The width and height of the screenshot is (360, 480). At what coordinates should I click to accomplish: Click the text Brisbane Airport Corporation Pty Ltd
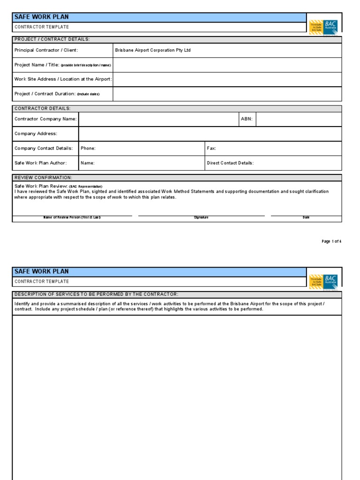click(x=153, y=50)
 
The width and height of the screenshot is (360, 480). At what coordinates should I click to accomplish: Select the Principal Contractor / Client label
click(x=46, y=50)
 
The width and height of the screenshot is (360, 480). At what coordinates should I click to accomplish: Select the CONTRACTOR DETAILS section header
click(x=42, y=108)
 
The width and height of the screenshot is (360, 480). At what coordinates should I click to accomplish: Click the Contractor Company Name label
click(x=45, y=119)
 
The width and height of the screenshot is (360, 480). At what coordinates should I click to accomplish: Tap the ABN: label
click(x=247, y=119)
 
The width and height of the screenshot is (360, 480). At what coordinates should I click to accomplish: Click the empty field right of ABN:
click(x=299, y=119)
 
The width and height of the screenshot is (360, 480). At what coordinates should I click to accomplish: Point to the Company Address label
click(x=36, y=134)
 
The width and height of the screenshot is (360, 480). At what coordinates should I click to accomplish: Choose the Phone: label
click(x=88, y=148)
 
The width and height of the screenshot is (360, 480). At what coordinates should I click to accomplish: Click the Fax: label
click(x=211, y=148)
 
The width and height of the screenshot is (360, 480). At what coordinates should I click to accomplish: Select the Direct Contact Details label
click(x=230, y=163)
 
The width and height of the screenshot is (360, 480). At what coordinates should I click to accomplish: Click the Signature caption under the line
click(x=201, y=217)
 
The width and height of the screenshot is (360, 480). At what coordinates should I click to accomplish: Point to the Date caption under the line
click(x=306, y=217)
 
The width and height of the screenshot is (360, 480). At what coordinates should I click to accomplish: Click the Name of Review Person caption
click(x=72, y=217)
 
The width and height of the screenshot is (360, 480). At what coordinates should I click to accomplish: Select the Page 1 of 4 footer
click(x=331, y=241)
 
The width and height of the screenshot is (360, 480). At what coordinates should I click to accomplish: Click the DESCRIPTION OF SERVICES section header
click(x=97, y=294)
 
